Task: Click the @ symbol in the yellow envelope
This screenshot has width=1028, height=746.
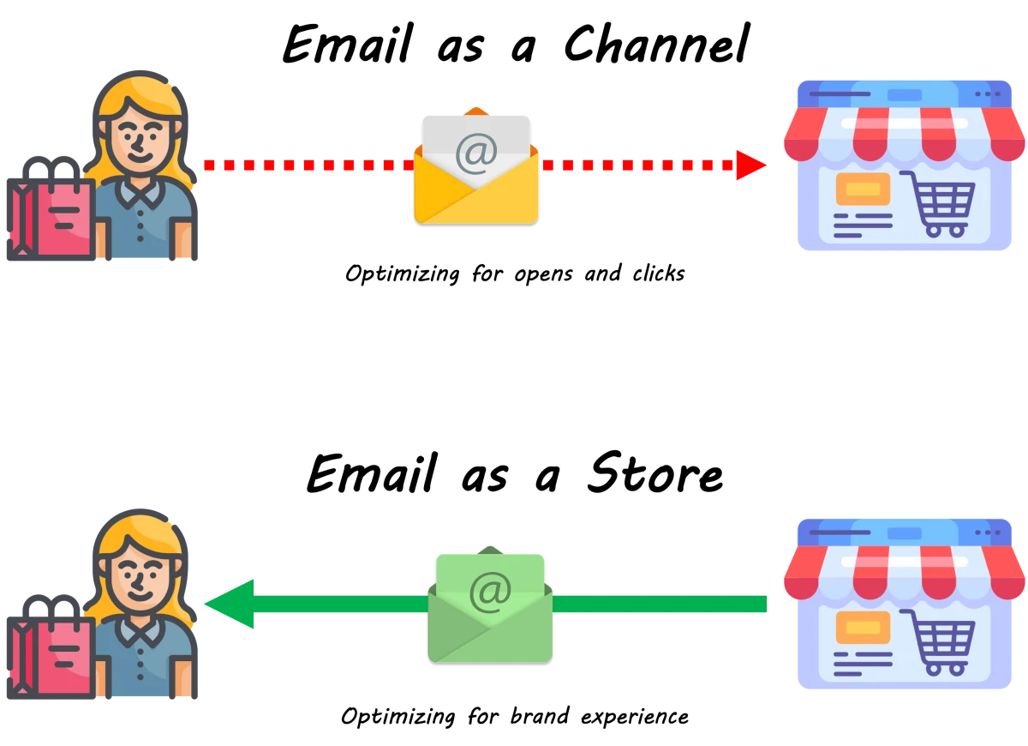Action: [476, 153]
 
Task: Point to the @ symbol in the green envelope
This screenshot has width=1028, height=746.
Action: [490, 591]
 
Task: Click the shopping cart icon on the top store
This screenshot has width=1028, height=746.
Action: [937, 203]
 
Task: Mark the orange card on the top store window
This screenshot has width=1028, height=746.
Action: [863, 188]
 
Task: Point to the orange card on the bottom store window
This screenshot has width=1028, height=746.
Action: [863, 627]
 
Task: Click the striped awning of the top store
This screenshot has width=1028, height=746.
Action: [904, 133]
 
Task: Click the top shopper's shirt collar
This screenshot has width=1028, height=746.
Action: [140, 195]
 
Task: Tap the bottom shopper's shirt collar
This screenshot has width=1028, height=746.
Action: [140, 632]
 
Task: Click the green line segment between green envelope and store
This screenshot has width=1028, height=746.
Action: [660, 605]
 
